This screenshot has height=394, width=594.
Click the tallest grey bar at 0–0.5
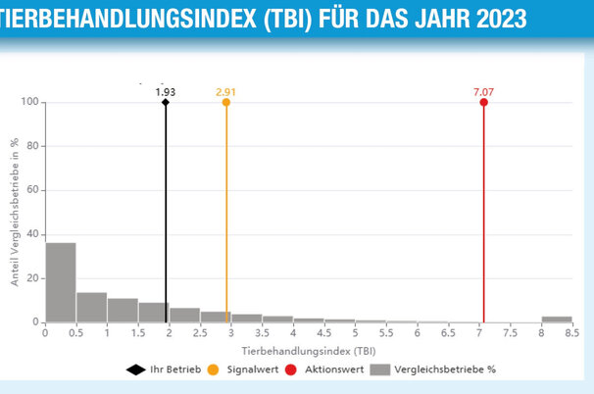pos(61,282)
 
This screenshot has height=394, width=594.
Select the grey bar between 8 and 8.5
pos(557,320)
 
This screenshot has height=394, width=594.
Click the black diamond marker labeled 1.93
pos(166,102)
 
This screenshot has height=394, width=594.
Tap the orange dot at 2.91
pos(226,102)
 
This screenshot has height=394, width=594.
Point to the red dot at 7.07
pos(484,102)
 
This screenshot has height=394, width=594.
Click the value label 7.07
pos(483,91)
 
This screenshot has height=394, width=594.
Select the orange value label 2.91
pos(226,91)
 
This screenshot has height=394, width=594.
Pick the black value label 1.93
pos(166,91)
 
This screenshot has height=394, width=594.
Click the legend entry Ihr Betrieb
pos(169,369)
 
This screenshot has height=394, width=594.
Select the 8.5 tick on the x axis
pos(572,333)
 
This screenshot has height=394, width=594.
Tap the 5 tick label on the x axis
pos(355,333)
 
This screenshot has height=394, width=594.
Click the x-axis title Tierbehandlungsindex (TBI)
pos(309,350)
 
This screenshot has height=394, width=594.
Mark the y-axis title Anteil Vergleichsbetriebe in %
pos(15,212)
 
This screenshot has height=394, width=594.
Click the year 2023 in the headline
pos(490,18)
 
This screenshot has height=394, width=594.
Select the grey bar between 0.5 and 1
pos(92,308)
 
